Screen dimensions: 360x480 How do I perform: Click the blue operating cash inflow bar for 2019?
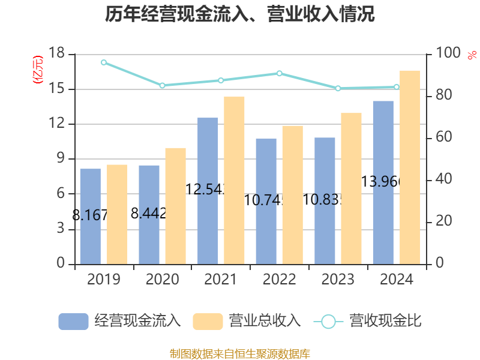(x=90, y=216)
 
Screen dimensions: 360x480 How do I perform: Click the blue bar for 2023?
(x=325, y=200)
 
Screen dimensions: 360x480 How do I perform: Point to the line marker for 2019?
(x=104, y=62)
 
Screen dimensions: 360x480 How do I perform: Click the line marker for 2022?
(x=279, y=73)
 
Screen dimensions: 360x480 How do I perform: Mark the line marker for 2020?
(x=162, y=85)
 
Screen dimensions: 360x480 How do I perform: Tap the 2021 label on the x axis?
(x=221, y=280)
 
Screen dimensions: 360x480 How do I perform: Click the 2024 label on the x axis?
(x=397, y=280)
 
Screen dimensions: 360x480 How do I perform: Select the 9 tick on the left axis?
(x=61, y=159)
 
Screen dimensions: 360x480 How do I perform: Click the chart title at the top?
(x=240, y=14)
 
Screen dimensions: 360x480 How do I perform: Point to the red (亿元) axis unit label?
(x=38, y=70)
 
